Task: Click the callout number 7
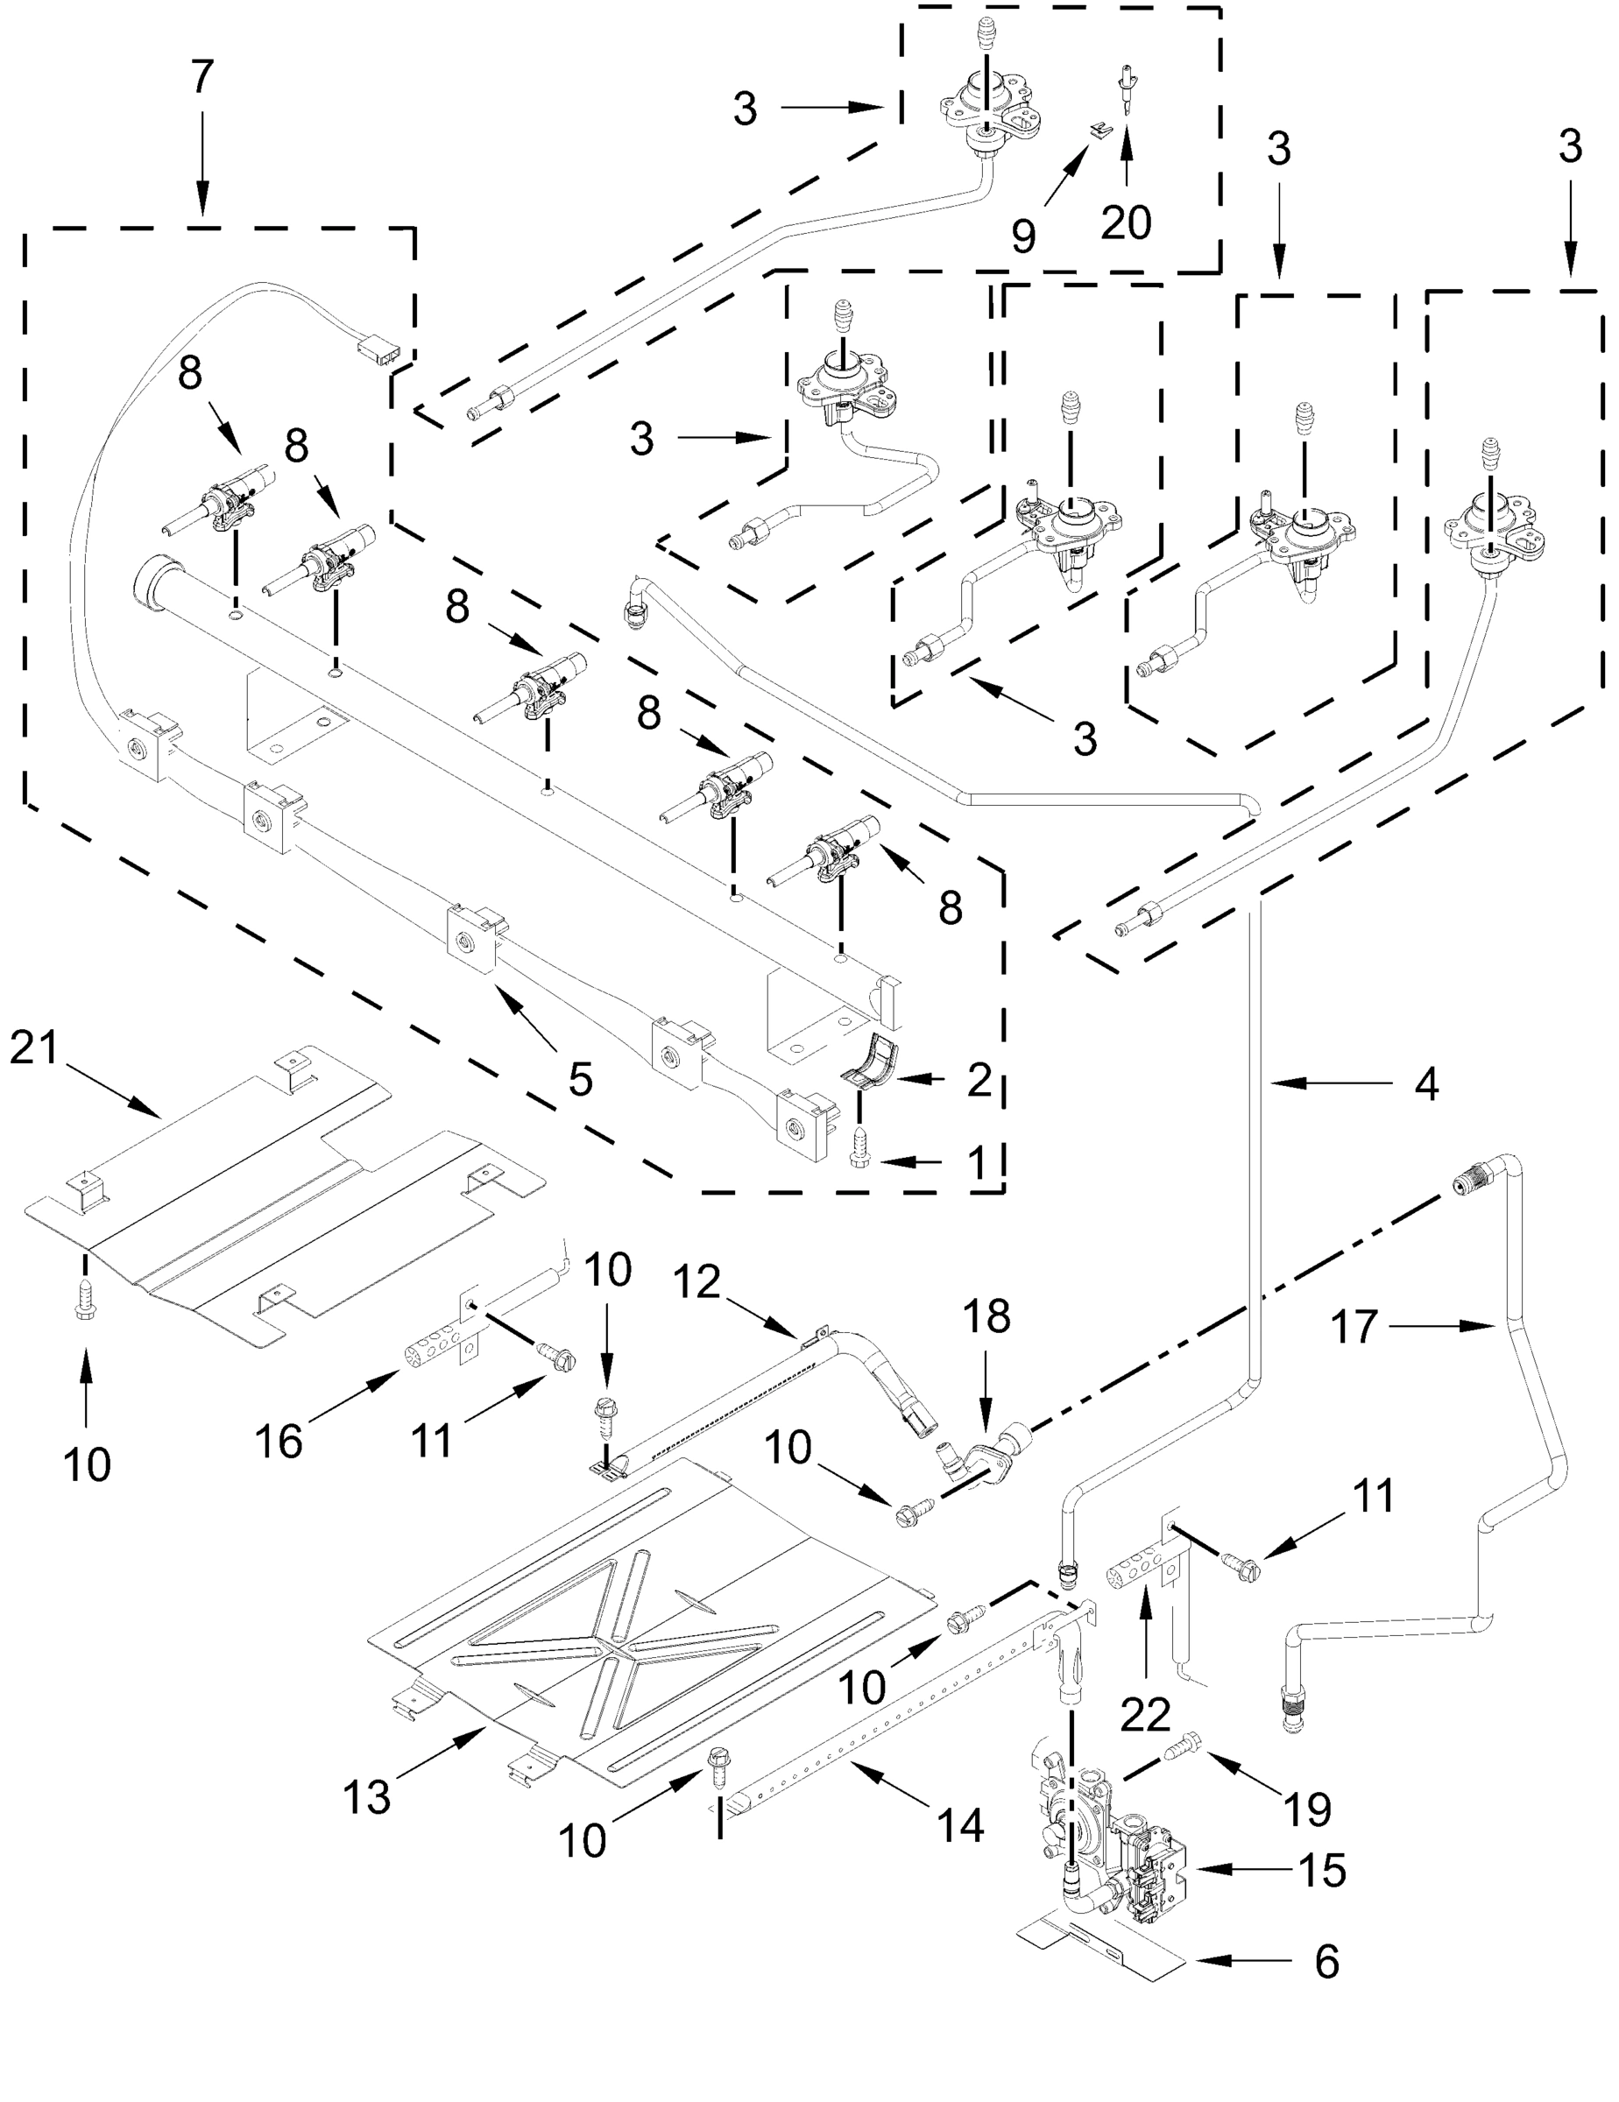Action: pyautogui.click(x=201, y=78)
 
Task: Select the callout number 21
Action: pyautogui.click(x=36, y=1048)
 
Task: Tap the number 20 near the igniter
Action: pyautogui.click(x=1125, y=223)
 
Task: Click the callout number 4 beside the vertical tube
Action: pyautogui.click(x=1425, y=1084)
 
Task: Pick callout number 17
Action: pyautogui.click(x=1354, y=1328)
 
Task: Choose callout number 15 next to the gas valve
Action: pyautogui.click(x=1322, y=1870)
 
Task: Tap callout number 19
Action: pyautogui.click(x=1307, y=1809)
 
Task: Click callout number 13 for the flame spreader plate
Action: pyautogui.click(x=367, y=1797)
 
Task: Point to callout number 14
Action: pyautogui.click(x=960, y=1825)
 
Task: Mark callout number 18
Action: pyautogui.click(x=986, y=1317)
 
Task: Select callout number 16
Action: pyautogui.click(x=279, y=1442)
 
